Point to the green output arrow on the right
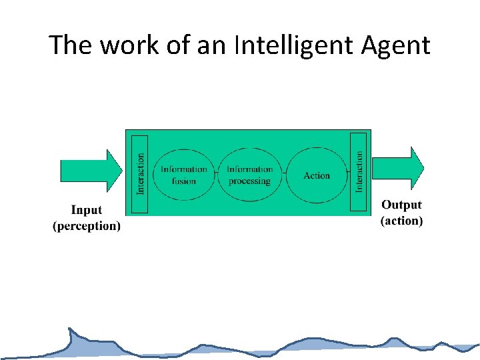coord(397,168)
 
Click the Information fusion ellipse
coord(184,175)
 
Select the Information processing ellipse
coord(250,175)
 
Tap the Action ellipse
coord(317,175)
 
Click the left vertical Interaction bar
coord(139,173)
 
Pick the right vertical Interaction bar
coord(359,171)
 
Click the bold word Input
coord(87,211)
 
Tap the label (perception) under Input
coord(87,226)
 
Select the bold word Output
coord(401,205)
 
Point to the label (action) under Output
coord(401,221)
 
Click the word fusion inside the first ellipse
coord(184,181)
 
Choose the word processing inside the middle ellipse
coord(250,181)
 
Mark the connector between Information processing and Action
coord(283,175)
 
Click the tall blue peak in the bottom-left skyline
coord(71,336)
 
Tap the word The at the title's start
coord(65,45)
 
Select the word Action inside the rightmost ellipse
coord(317,175)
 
